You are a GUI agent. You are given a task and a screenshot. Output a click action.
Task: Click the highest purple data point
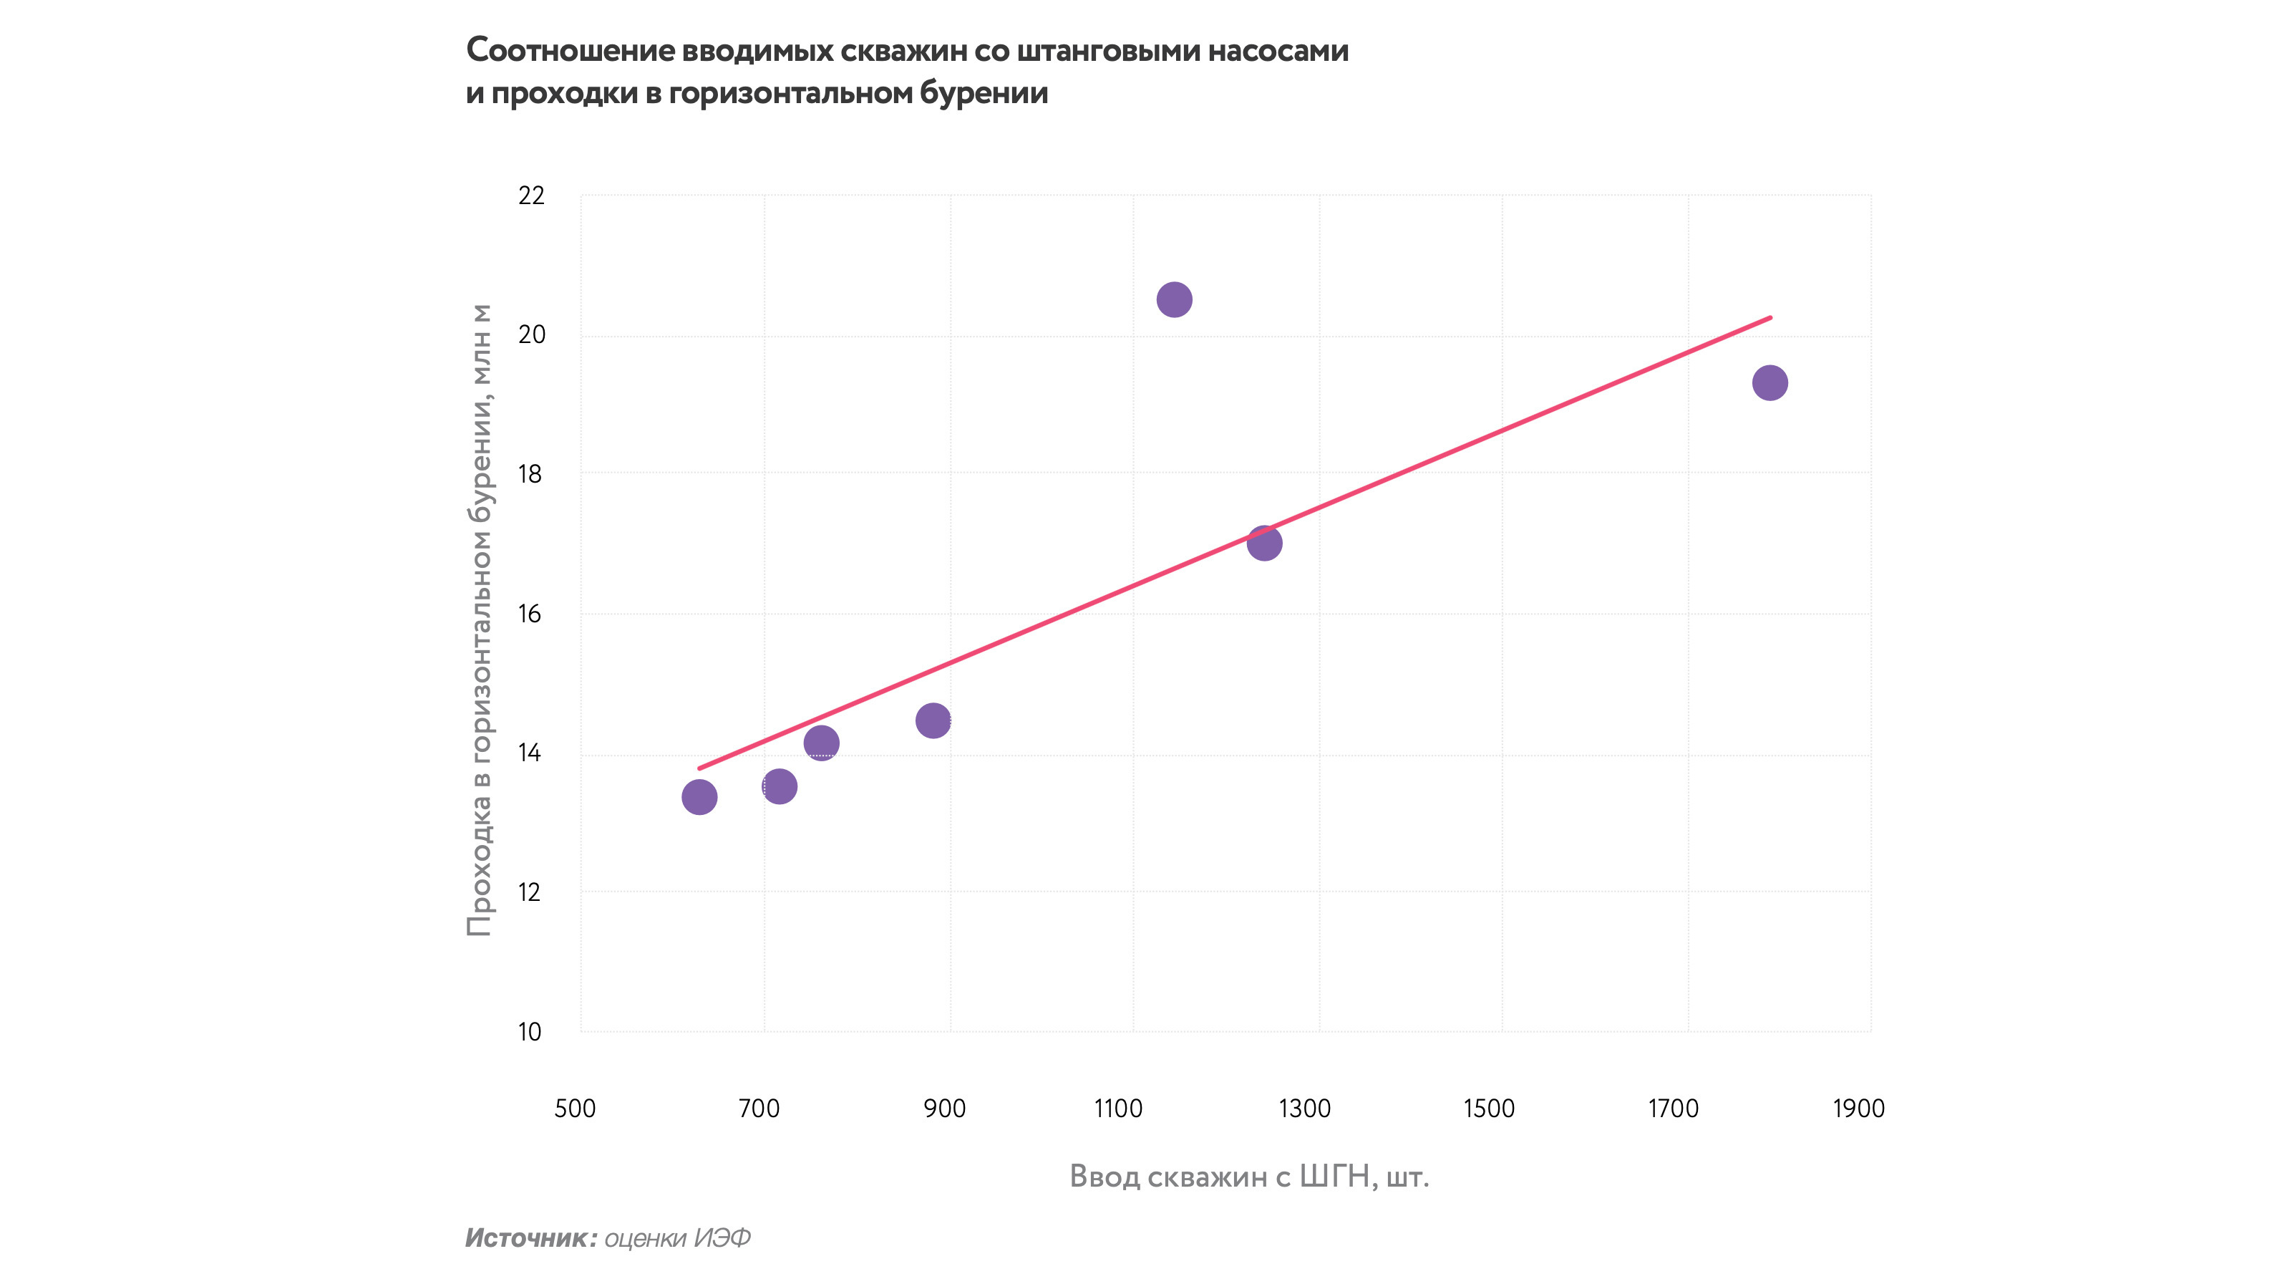[1174, 300]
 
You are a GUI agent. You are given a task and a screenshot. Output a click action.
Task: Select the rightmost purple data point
[1769, 383]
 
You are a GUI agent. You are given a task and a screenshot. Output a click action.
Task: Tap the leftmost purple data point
[699, 797]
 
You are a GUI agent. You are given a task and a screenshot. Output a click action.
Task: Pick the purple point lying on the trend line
[1264, 543]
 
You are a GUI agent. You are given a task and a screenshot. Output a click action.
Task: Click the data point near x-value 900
[932, 720]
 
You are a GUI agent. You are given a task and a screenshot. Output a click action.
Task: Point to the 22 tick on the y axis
[531, 196]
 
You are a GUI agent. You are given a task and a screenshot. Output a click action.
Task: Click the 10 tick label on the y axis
[529, 1031]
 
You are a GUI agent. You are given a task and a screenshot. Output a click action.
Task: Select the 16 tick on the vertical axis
[529, 614]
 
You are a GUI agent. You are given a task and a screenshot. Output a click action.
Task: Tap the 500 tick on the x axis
[575, 1109]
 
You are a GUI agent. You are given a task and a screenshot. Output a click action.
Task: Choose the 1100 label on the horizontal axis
[1118, 1109]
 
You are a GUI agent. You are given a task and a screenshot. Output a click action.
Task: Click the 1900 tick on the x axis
[1858, 1109]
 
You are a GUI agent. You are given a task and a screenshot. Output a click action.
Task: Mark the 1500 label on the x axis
[1489, 1109]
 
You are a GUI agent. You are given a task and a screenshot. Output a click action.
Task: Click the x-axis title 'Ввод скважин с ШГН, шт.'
[1249, 1176]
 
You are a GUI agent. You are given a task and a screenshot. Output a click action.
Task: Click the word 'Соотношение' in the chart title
[570, 51]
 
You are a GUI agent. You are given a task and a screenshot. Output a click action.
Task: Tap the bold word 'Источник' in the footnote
[525, 1238]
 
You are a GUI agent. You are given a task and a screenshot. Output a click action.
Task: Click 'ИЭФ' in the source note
[722, 1238]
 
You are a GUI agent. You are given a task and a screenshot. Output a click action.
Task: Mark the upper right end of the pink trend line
[1770, 317]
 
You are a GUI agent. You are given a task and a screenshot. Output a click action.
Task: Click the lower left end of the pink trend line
[699, 768]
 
